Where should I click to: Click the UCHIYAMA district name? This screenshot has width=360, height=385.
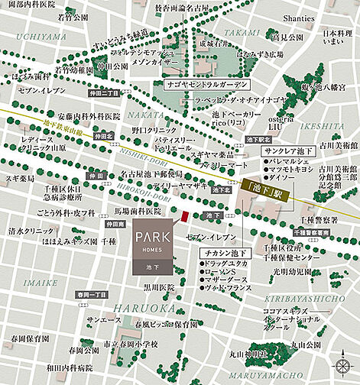[28, 36]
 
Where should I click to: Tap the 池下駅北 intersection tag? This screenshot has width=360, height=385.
[255, 141]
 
